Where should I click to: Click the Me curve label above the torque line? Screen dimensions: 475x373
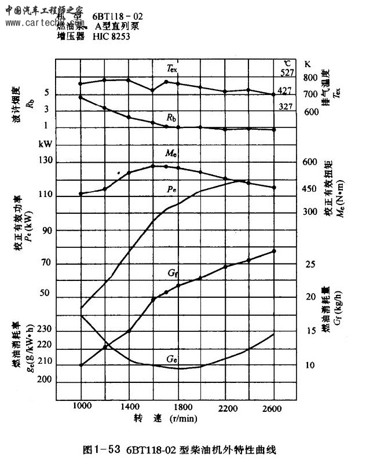[170, 154]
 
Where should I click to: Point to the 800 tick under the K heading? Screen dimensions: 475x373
[310, 78]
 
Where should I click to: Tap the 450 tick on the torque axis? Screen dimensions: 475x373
[309, 188]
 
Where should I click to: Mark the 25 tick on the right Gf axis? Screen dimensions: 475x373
[310, 265]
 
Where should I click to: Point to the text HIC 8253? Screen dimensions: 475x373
[111, 36]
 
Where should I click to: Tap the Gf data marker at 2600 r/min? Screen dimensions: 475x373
[274, 251]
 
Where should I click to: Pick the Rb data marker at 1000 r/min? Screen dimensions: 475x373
[81, 97]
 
